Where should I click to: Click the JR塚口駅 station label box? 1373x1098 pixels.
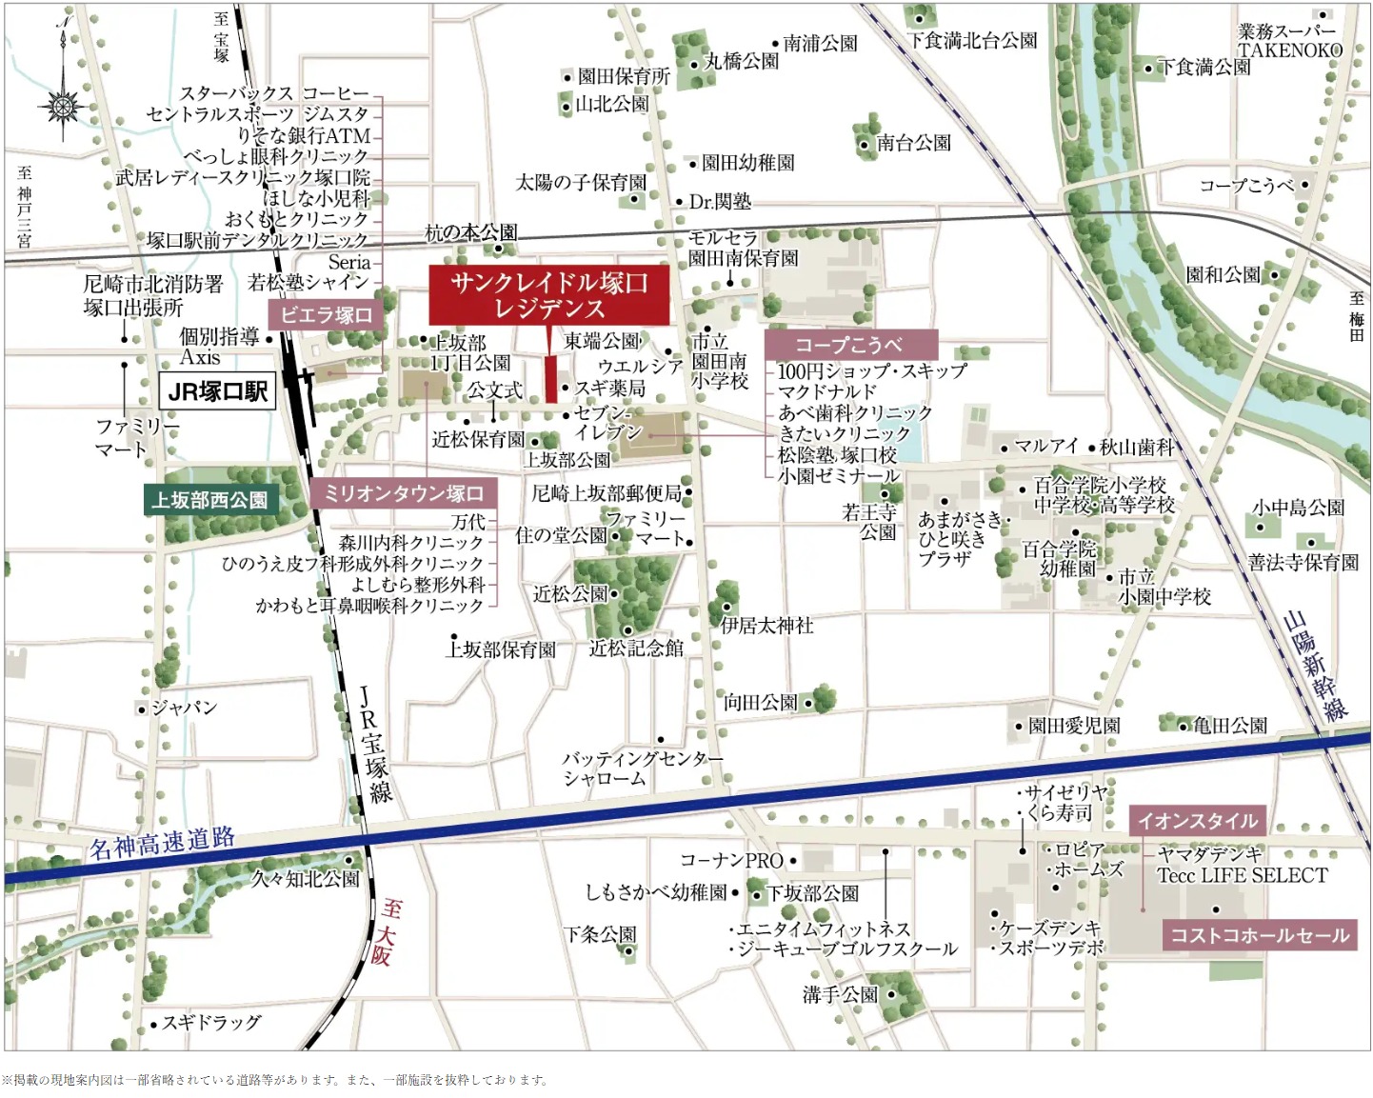(217, 391)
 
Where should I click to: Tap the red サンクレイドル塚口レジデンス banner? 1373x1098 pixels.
(548, 295)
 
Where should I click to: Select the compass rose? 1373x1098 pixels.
(64, 105)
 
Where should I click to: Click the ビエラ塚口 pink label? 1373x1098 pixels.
(326, 314)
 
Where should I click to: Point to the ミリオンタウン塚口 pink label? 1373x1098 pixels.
(404, 493)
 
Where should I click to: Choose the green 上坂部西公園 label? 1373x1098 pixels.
(209, 500)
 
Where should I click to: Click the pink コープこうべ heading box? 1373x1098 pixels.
(849, 345)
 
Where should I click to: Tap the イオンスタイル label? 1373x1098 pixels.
(1197, 820)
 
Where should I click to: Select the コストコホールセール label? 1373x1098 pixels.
(1259, 935)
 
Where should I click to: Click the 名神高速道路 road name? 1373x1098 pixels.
(162, 843)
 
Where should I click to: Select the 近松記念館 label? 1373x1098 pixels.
(635, 649)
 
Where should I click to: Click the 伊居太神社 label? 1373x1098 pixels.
(766, 626)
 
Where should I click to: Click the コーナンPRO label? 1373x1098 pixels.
(731, 860)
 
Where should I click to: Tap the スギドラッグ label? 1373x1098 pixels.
(210, 1023)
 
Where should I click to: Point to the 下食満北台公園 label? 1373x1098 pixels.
(971, 40)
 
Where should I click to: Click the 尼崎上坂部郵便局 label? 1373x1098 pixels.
(607, 492)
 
